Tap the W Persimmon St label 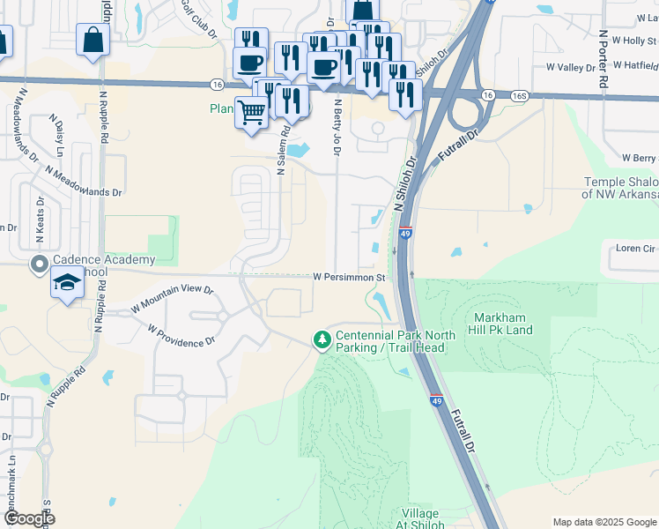[x=351, y=277]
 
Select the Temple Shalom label [x=621, y=188]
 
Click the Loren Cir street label [x=634, y=249]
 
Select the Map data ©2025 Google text [x=603, y=522]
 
